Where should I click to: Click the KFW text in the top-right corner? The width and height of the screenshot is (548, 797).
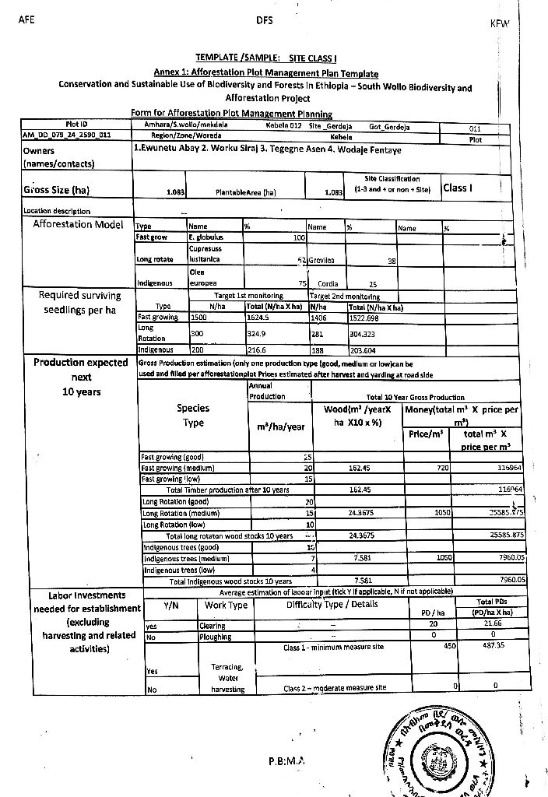point(498,24)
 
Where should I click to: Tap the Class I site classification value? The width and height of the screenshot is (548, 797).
point(456,188)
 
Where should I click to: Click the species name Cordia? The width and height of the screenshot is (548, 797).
point(328,285)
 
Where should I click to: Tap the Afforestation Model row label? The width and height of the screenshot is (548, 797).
point(79,225)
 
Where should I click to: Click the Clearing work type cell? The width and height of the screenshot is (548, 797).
point(213,626)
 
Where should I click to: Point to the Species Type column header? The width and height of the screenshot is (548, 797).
point(193,416)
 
